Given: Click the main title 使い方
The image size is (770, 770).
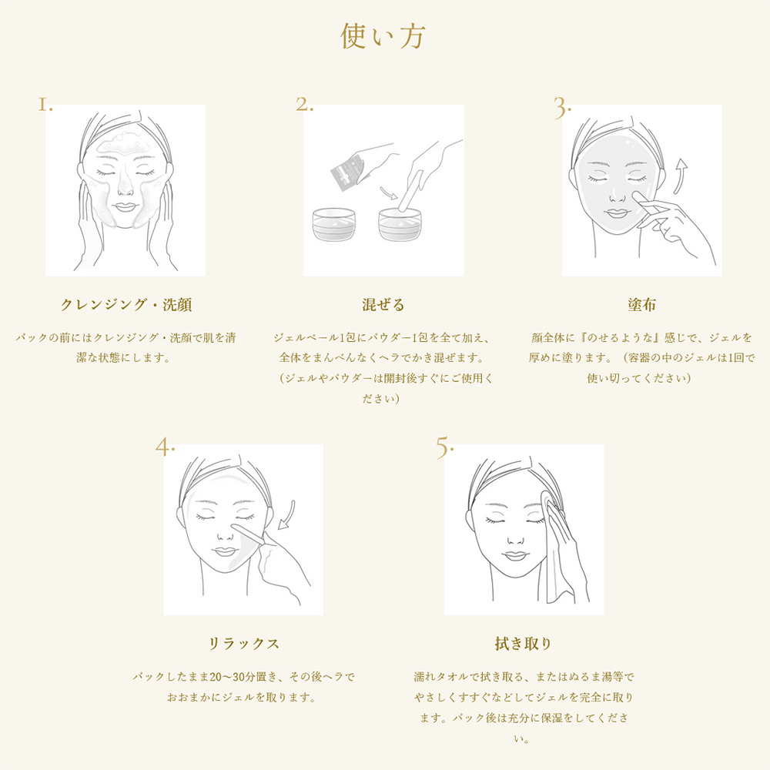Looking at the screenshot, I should [383, 36].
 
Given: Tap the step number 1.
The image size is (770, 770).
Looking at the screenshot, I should [45, 105].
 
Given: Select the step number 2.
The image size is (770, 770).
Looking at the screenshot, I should [304, 105].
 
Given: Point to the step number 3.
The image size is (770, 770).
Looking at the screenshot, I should [562, 108].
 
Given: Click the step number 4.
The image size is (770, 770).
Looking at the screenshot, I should [165, 447].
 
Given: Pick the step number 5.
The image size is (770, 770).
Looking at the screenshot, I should [445, 447].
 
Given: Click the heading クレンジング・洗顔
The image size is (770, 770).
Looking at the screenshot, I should [126, 305].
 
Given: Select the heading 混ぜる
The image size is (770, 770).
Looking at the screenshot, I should [383, 305].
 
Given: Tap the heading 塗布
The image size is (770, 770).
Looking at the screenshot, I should [641, 305].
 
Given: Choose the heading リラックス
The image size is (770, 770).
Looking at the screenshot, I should [243, 644].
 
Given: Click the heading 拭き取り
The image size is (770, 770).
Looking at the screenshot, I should [524, 644].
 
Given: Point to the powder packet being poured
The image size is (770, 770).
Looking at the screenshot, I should [346, 172].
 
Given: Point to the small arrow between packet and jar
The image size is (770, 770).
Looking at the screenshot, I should [387, 192].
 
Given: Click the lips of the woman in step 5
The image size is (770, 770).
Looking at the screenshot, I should [510, 553].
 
